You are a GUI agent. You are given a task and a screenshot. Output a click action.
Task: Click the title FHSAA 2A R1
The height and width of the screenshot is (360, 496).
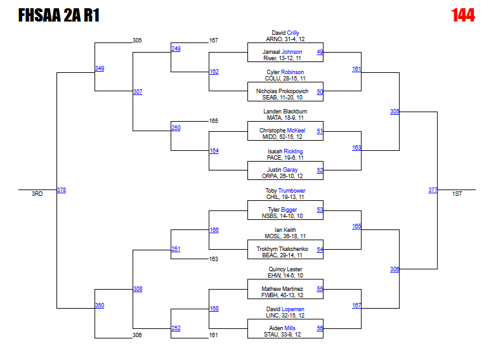coord(58,15)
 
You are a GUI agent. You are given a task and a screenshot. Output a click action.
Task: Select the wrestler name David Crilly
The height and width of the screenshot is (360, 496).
coord(285,33)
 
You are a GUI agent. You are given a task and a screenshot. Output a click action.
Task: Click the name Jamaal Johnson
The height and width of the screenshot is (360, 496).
coord(282,52)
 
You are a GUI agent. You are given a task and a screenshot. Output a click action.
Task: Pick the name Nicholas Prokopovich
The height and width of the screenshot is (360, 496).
coord(282,91)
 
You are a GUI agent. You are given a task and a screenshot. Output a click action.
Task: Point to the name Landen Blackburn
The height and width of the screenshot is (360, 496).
coord(285,112)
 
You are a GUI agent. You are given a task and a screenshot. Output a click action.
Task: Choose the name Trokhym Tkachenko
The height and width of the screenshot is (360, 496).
coord(282,249)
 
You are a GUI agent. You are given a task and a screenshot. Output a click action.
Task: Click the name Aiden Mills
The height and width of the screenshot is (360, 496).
coord(282,328)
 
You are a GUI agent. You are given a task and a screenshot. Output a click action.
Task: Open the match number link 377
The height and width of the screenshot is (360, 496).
coord(433,190)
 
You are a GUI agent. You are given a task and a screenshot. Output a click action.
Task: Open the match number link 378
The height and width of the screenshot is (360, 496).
coord(61,190)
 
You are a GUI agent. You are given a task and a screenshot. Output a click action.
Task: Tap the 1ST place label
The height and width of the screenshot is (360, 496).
coord(457,194)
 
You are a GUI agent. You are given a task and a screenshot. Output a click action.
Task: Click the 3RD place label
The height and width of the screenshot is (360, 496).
coord(37,194)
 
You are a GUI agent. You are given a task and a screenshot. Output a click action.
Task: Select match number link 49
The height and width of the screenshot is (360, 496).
coord(320,52)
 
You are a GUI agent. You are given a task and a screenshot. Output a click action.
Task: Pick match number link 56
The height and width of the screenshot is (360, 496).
coord(320,328)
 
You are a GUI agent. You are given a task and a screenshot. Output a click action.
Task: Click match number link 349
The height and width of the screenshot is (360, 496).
coord(100,68)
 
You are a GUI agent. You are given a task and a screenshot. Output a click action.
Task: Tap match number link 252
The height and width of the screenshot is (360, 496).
coord(176,328)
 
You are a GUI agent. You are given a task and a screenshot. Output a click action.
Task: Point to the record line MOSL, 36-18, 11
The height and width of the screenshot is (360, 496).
coord(285,236)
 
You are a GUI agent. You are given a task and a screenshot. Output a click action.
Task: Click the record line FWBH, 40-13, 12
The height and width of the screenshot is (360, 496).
coord(285,295)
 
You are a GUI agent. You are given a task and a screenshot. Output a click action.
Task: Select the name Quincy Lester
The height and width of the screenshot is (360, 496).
coord(285,269)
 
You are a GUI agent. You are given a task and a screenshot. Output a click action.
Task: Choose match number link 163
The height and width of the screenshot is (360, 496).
coord(356,148)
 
